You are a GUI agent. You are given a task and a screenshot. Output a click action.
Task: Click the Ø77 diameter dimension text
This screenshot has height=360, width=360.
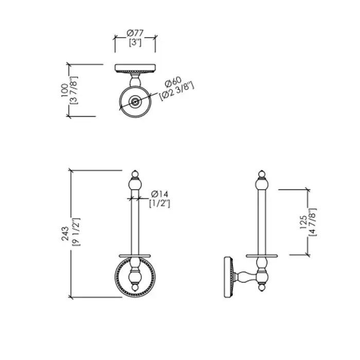point(135,33)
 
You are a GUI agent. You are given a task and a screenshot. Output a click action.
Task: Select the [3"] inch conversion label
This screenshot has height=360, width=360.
point(135,43)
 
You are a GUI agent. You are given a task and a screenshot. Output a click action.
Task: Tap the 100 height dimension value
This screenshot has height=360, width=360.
point(65,90)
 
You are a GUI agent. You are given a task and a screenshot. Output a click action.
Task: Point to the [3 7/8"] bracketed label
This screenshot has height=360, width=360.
point(74,90)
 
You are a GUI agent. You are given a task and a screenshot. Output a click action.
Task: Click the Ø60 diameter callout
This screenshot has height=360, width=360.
point(173,82)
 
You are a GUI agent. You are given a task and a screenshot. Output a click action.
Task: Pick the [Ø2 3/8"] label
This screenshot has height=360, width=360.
point(177,91)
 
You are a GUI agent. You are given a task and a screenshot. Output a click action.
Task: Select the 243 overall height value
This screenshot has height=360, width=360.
point(65,233)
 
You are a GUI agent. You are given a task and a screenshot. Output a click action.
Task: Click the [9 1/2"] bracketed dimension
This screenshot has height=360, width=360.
point(76,232)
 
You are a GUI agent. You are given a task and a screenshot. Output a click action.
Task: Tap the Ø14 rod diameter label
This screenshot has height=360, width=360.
point(159,194)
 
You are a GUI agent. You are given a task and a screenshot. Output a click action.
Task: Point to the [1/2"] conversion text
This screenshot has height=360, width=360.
point(160,204)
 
